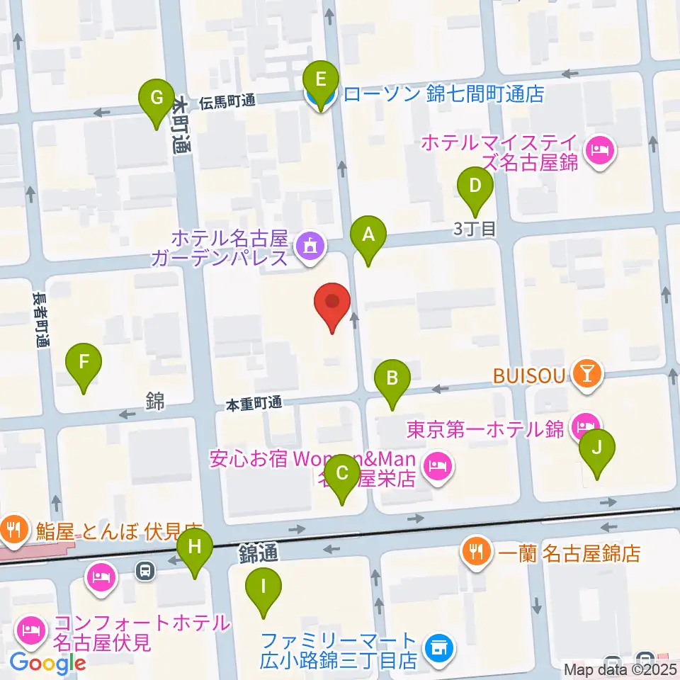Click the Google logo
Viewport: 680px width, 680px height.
tap(48, 664)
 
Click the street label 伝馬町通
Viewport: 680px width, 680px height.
tap(227, 101)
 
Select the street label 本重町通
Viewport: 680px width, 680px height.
tap(254, 404)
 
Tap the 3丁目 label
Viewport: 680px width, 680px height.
tap(474, 228)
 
